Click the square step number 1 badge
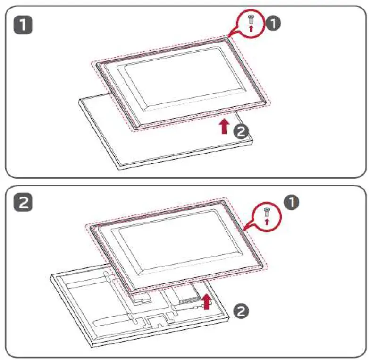pos(22,25)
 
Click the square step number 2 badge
pos(22,204)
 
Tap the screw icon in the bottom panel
pos(267,211)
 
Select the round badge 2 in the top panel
pos(241,131)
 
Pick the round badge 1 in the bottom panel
pos(291,203)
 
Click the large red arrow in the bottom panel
pos(206,300)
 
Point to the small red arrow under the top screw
pos(251,29)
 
